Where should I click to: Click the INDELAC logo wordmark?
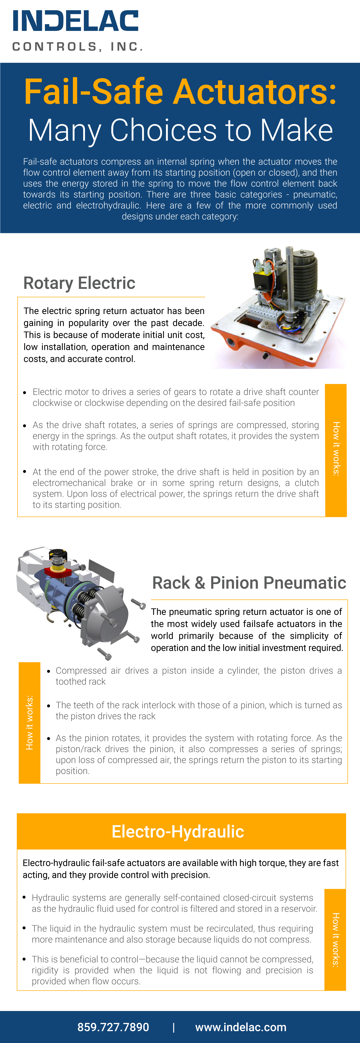(76, 21)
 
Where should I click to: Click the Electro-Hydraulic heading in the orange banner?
(178, 831)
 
